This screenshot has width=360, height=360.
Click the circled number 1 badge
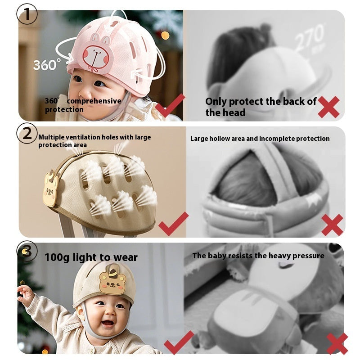pos(27,14)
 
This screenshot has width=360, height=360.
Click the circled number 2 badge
pos(27,134)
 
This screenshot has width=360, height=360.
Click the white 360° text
pos(46,64)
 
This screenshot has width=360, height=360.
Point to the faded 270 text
pos(310,38)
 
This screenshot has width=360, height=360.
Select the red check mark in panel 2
pos(173,223)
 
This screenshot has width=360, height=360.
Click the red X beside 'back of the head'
pos(328,107)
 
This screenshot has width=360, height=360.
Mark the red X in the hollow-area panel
pos(332,225)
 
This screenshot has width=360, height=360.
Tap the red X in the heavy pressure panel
pos(337,343)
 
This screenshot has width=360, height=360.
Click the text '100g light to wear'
pos(91,257)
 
